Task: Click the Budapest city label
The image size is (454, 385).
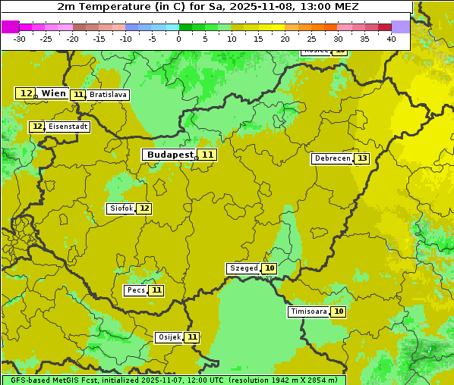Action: point(170,155)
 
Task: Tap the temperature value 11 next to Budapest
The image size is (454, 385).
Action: point(207,155)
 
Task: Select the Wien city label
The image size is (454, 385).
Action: point(53,93)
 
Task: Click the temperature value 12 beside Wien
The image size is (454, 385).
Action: point(26,93)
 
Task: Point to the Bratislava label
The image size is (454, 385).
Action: point(107,95)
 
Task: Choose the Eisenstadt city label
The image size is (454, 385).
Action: point(68,127)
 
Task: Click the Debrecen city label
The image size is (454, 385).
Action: point(332,158)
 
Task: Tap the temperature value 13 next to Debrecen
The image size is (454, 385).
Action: point(362,158)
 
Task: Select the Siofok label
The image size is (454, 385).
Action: point(121,208)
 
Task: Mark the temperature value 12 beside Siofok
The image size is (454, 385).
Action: point(143,208)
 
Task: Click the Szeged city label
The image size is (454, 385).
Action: point(243,268)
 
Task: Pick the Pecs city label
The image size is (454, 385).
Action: point(136,290)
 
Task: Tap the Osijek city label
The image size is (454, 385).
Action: point(169,337)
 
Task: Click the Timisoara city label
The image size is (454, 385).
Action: point(308,311)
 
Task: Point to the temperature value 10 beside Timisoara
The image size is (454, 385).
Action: point(339,311)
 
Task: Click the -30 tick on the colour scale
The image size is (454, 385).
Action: point(20,39)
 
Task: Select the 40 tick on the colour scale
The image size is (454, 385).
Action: point(391,39)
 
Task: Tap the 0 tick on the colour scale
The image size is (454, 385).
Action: point(179,39)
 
